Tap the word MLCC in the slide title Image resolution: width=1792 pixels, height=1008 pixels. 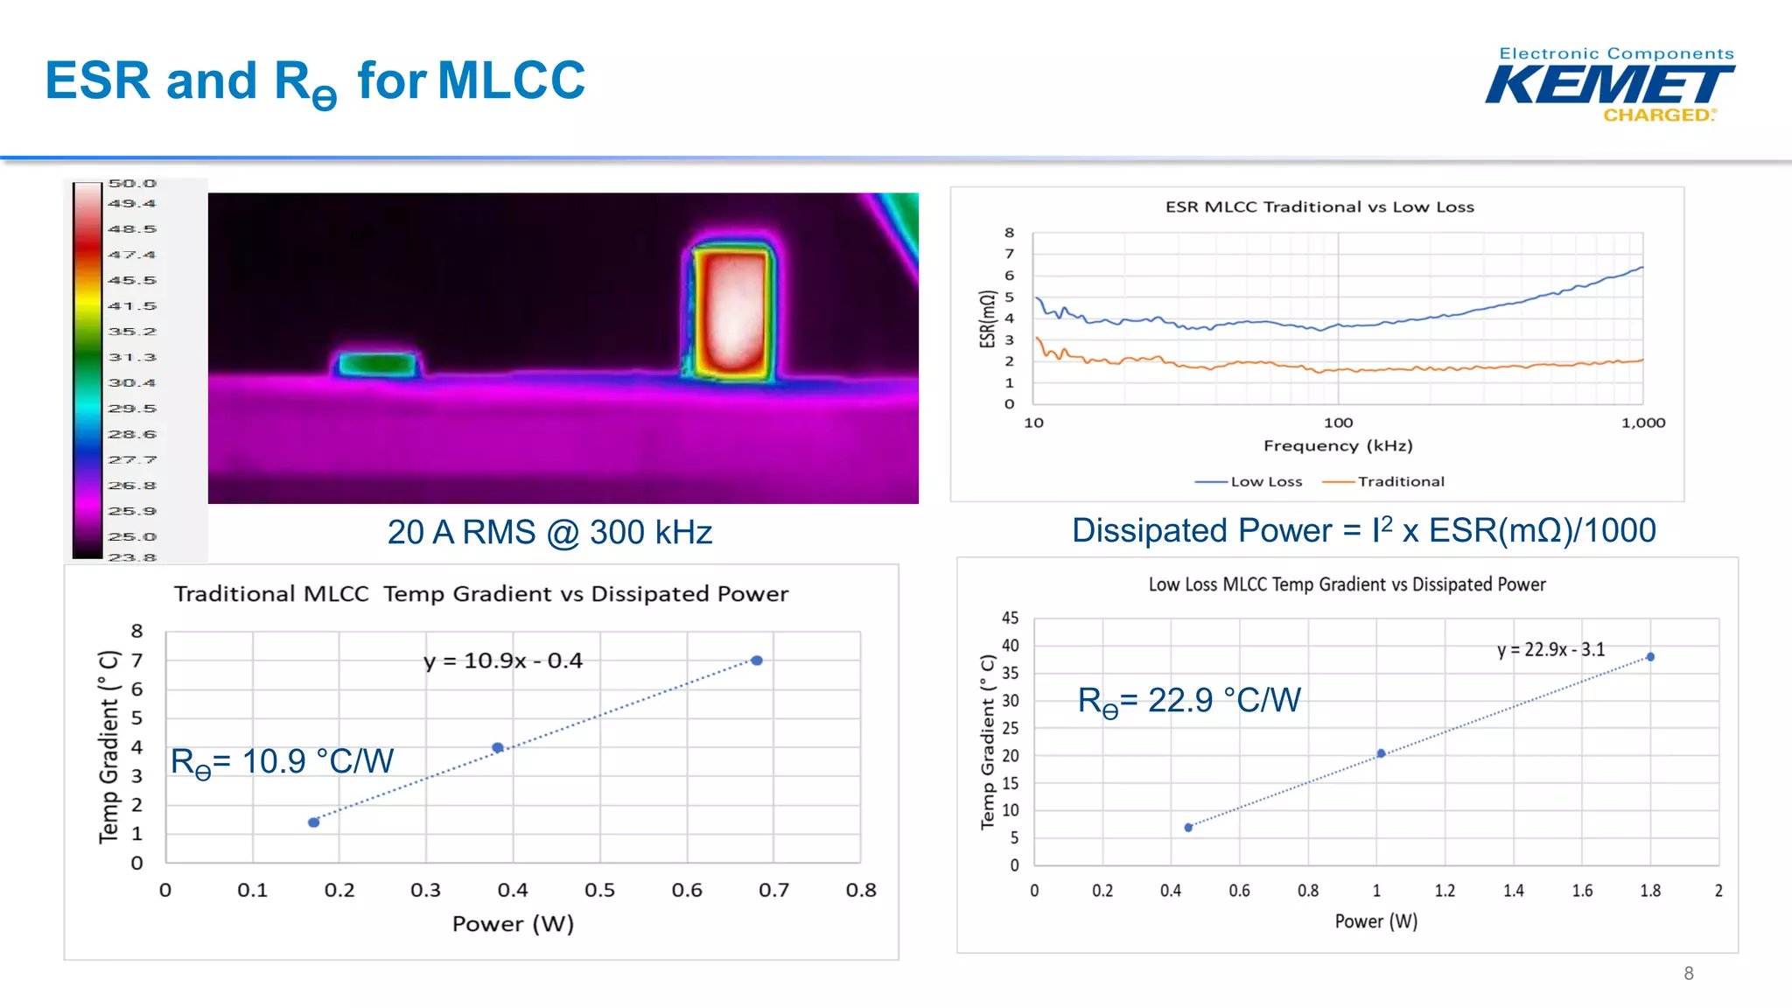point(511,80)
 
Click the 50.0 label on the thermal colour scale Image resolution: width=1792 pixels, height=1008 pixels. point(132,184)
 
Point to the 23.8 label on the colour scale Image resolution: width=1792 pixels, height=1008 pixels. point(132,557)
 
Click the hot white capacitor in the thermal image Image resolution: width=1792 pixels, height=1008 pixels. point(733,313)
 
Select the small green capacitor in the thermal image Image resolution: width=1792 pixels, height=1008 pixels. point(377,363)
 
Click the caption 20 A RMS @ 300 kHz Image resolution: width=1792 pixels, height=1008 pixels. point(549,532)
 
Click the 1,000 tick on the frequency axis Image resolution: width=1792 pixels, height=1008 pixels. point(1642,423)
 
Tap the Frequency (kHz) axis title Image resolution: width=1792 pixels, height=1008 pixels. point(1337,445)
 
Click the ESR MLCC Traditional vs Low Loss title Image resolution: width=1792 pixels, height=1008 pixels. point(1319,207)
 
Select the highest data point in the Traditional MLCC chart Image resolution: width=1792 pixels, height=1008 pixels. point(757,661)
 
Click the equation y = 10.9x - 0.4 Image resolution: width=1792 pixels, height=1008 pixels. point(503,661)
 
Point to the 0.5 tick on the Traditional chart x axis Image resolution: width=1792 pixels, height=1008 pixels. point(599,890)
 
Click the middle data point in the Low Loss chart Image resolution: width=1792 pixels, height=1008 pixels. point(1381,753)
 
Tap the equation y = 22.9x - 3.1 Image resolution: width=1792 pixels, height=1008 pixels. point(1550,649)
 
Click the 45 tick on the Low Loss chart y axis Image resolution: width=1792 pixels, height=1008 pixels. point(1010,618)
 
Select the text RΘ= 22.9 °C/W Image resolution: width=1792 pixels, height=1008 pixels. point(1189,701)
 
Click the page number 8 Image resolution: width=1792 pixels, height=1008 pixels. point(1688,973)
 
